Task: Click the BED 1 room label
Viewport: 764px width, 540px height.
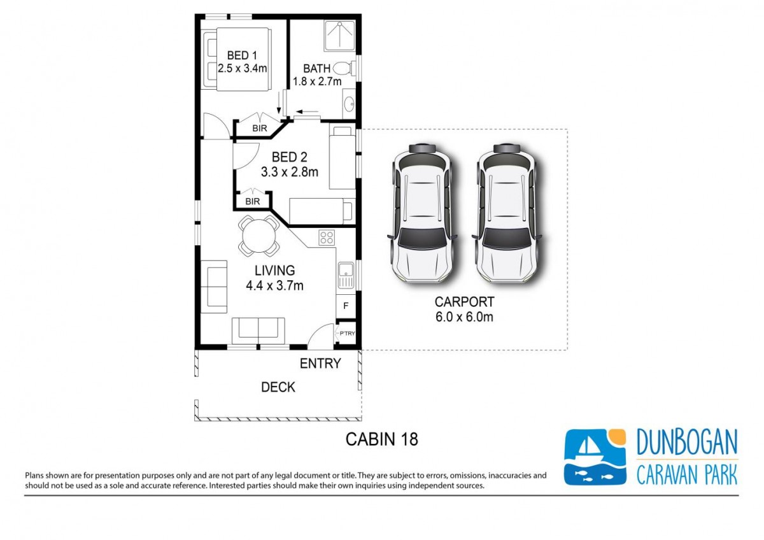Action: pyautogui.click(x=242, y=55)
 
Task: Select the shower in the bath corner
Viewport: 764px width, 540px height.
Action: pyautogui.click(x=340, y=36)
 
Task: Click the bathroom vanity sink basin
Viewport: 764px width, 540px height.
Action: pyautogui.click(x=349, y=103)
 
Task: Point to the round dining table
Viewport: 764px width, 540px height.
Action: pyautogui.click(x=259, y=236)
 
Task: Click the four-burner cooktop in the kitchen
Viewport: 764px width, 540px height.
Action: pyautogui.click(x=327, y=238)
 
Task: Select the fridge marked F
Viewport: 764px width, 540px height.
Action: pyautogui.click(x=346, y=306)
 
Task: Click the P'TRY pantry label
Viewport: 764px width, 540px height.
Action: pyautogui.click(x=347, y=333)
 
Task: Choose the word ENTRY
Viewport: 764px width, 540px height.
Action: pyautogui.click(x=320, y=364)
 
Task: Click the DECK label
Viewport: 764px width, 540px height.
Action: pyautogui.click(x=278, y=387)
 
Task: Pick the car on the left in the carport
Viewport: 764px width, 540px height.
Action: pyautogui.click(x=422, y=213)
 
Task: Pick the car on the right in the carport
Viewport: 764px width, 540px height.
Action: pyautogui.click(x=507, y=213)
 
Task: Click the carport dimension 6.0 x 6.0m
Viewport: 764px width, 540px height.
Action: pyautogui.click(x=464, y=317)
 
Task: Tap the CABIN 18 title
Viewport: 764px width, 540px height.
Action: pyautogui.click(x=382, y=439)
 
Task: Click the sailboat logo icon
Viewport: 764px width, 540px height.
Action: pyautogui.click(x=595, y=457)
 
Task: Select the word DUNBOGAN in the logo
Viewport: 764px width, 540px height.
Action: pyautogui.click(x=687, y=443)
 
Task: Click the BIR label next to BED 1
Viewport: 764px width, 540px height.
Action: pyautogui.click(x=260, y=128)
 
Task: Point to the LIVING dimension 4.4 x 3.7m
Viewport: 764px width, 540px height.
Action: pyautogui.click(x=274, y=285)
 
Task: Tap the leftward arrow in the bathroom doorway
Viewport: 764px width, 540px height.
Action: pyautogui.click(x=307, y=111)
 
